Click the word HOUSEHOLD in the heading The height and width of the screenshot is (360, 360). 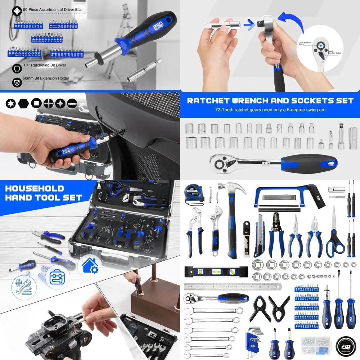coord(35,188)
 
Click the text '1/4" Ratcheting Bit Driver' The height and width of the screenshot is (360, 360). coord(45,65)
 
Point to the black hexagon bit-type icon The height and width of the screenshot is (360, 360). coord(23,103)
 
